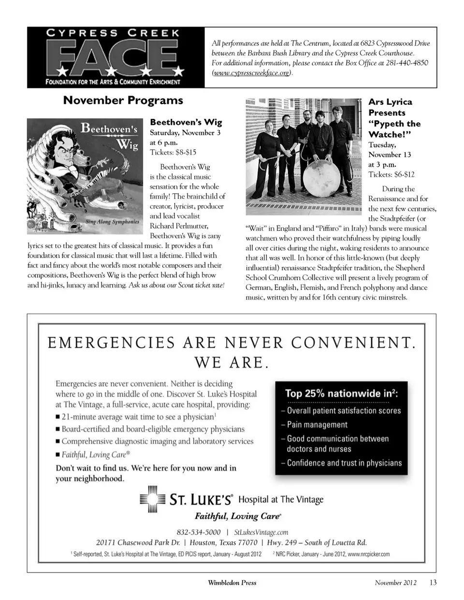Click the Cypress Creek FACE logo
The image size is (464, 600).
(x=116, y=57)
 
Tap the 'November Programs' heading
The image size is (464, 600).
(x=123, y=100)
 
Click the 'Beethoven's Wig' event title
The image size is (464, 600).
(x=186, y=122)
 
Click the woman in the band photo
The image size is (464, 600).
(x=275, y=145)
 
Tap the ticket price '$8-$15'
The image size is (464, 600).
(x=186, y=152)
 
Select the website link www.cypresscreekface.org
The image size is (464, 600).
(x=252, y=73)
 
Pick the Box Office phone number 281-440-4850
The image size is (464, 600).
(x=406, y=63)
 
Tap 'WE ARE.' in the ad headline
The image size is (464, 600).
(x=231, y=362)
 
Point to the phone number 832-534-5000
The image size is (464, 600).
(x=199, y=532)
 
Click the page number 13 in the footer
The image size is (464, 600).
(x=433, y=582)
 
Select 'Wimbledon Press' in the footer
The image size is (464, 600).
(x=232, y=583)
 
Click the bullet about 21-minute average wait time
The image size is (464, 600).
(x=138, y=416)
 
